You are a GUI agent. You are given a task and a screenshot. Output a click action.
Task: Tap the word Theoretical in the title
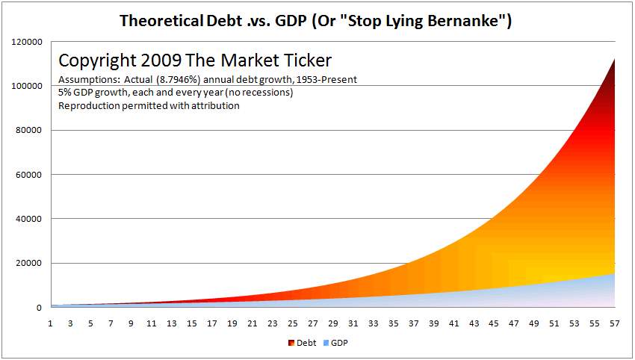click(161, 20)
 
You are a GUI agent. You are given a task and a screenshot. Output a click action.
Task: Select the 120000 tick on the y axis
click(27, 42)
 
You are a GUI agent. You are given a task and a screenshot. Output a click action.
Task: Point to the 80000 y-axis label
click(28, 130)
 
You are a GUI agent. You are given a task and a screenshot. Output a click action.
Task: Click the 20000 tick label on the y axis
click(28, 263)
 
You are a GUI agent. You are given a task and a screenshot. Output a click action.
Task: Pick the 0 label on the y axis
click(39, 308)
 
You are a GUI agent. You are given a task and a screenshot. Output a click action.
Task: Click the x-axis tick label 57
click(615, 323)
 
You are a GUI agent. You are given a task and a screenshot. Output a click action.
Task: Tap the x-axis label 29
click(333, 323)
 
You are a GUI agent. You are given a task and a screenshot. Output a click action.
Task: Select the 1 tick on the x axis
click(50, 323)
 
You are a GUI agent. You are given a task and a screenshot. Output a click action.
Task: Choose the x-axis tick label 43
click(474, 323)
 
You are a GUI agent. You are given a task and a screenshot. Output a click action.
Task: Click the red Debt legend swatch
click(291, 343)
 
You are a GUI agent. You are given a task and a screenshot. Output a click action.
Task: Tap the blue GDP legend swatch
click(326, 343)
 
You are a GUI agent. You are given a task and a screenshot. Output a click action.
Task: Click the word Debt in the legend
click(306, 343)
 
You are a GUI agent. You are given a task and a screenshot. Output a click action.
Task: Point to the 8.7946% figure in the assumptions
click(179, 80)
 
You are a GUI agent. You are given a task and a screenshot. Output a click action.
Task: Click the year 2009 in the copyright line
click(161, 60)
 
